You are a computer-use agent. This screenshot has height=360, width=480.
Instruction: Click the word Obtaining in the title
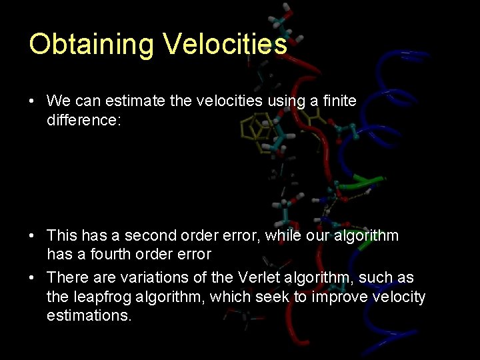(91, 45)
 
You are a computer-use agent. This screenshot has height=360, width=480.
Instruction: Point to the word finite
(339, 101)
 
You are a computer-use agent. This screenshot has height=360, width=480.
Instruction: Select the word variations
(148, 277)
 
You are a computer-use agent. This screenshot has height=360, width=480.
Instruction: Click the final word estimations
(89, 315)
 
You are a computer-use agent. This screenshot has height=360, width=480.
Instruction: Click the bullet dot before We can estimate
(32, 101)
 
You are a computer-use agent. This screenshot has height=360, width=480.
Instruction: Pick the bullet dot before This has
(32, 236)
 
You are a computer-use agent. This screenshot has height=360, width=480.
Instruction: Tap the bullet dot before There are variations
(32, 278)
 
